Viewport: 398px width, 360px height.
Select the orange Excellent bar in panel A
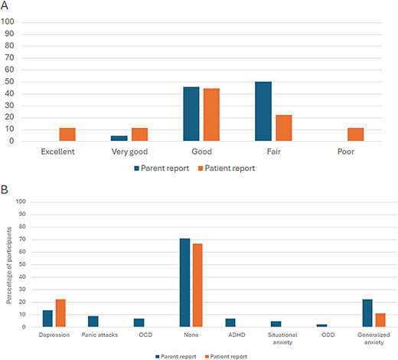tap(67, 134)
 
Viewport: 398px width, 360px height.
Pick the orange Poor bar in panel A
tap(354, 134)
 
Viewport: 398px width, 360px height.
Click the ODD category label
tap(328, 335)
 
